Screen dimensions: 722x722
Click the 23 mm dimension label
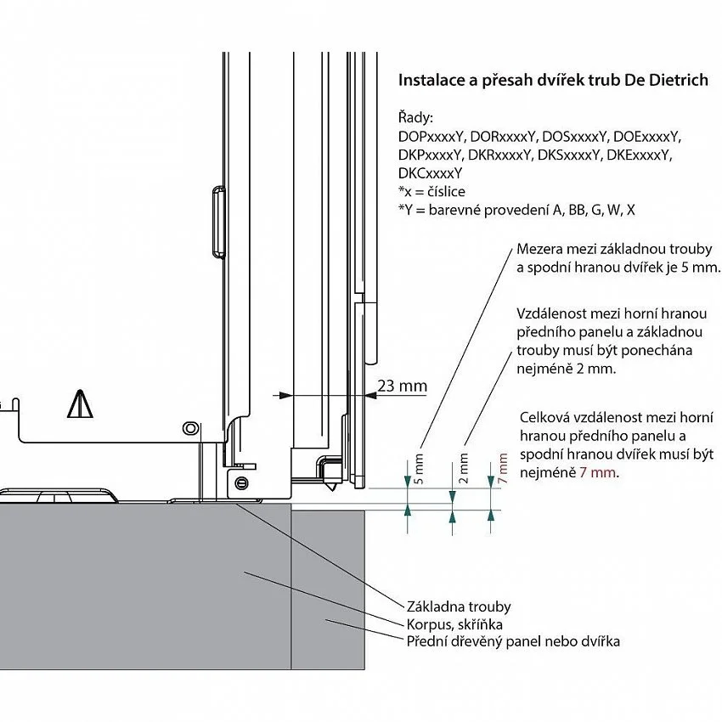(402, 386)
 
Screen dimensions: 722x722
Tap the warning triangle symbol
(80, 403)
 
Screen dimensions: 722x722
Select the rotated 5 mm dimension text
(419, 469)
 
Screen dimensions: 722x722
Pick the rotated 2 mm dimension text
(464, 468)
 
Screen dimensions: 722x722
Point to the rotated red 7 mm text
(503, 468)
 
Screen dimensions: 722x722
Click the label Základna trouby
(459, 606)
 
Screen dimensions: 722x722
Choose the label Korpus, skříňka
(454, 624)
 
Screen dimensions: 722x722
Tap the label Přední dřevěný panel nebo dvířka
(513, 641)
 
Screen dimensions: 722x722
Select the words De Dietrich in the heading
(666, 80)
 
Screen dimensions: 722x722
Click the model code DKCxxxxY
(430, 173)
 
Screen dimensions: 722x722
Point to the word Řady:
(416, 118)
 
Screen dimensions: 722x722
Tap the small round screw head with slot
(241, 483)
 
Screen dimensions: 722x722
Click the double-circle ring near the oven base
(190, 428)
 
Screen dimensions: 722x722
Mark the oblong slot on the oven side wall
(218, 222)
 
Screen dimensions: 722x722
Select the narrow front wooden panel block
(329, 589)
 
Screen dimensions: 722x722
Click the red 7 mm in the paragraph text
(598, 472)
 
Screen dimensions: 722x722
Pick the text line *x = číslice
(432, 192)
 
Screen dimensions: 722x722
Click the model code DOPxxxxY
(431, 137)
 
